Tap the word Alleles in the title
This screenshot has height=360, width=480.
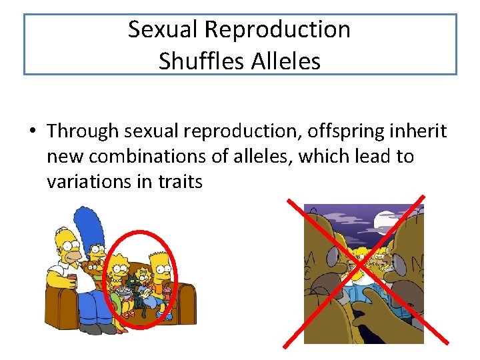[285, 61]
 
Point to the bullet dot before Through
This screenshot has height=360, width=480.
[31, 131]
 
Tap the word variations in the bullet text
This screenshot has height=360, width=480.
[89, 181]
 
